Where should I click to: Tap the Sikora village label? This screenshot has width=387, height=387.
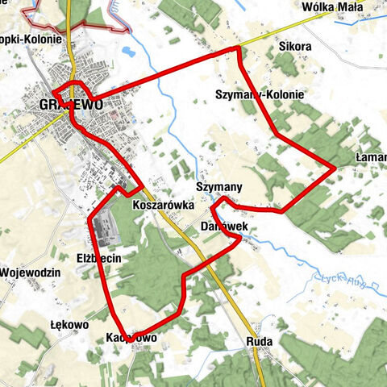[x=294, y=47]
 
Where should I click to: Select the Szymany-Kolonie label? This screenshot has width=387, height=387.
[x=260, y=94]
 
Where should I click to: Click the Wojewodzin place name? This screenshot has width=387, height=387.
[x=31, y=273]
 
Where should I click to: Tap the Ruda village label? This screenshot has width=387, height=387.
[x=260, y=342]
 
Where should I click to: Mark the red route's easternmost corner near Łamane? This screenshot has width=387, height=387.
[x=335, y=169]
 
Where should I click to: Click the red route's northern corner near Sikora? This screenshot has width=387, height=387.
[x=239, y=50]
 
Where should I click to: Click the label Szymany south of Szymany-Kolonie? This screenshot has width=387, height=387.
[x=218, y=187]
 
